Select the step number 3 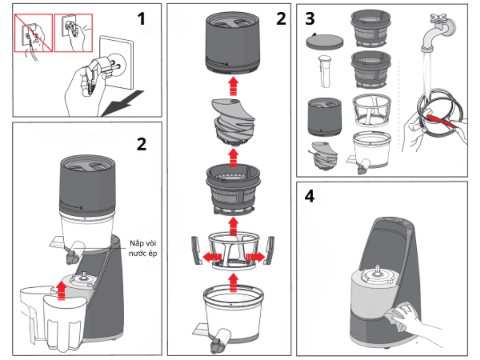[x=310, y=19]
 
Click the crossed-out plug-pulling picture [x=33, y=32]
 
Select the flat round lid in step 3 [x=324, y=41]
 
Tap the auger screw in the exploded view [x=232, y=121]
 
